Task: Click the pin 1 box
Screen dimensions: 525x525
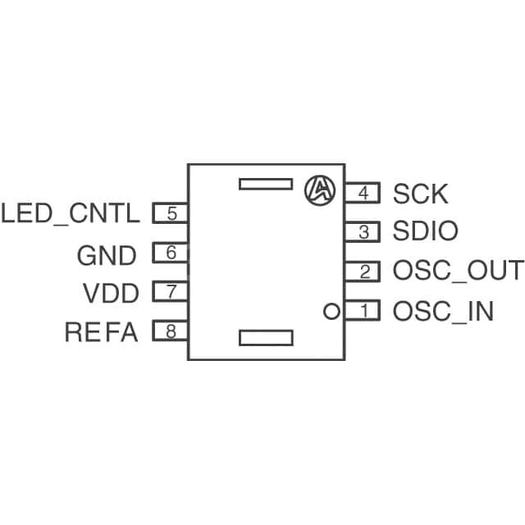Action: coord(362,311)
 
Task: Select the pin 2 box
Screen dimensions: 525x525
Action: coord(362,272)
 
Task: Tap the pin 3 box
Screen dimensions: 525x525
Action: coord(362,232)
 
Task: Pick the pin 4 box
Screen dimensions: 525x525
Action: coord(362,194)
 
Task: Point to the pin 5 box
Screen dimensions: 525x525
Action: coord(171,214)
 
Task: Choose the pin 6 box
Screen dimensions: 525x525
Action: coord(171,253)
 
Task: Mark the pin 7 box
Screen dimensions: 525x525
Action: coord(171,292)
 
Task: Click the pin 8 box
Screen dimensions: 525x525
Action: coord(171,331)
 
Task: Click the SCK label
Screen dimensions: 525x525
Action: coord(420,194)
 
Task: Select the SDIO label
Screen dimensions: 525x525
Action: coord(425,232)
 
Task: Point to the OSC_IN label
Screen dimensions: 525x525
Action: coord(443,312)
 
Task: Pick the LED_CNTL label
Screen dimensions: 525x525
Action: coord(71,214)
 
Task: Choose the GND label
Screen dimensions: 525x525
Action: coord(107,256)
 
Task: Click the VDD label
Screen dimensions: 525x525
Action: coord(111,293)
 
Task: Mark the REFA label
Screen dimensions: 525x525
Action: coord(101,332)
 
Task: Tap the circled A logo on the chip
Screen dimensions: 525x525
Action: coord(320,190)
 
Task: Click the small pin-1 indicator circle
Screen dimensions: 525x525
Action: coord(331,311)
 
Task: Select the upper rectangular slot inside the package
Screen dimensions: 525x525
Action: coord(265,183)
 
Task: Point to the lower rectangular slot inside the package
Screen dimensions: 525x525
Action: coord(265,337)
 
